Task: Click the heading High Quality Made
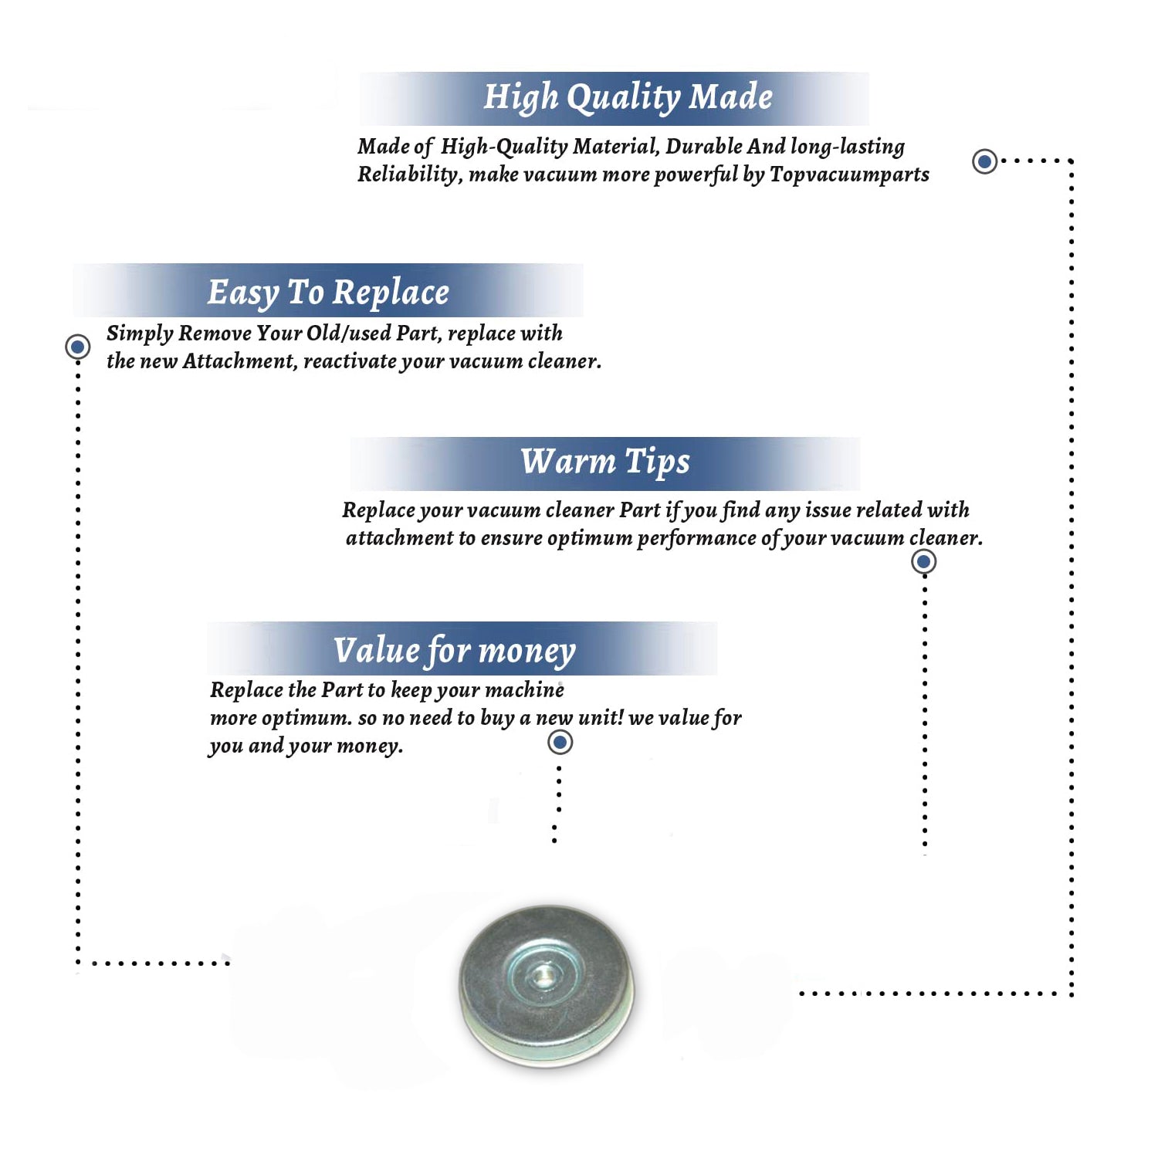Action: [628, 98]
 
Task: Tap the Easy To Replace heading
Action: [328, 293]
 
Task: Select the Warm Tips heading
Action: [605, 462]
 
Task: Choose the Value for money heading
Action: [455, 650]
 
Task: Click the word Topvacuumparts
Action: [849, 175]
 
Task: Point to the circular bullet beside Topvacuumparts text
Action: [984, 161]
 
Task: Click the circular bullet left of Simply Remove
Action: [77, 347]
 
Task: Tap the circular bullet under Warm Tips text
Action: [923, 561]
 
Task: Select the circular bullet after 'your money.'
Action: [560, 743]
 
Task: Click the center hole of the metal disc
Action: [543, 975]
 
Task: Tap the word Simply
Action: [140, 334]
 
